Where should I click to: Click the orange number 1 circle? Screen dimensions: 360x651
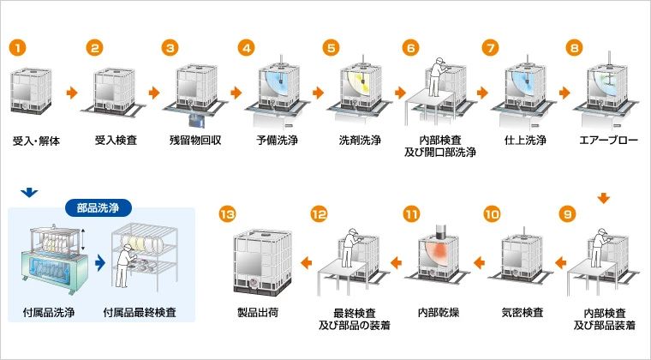18,47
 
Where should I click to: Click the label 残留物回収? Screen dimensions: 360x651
196,140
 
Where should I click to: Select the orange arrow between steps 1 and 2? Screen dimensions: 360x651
71,91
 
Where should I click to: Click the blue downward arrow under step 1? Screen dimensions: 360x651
31,192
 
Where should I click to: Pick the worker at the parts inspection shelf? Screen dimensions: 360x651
125,262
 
